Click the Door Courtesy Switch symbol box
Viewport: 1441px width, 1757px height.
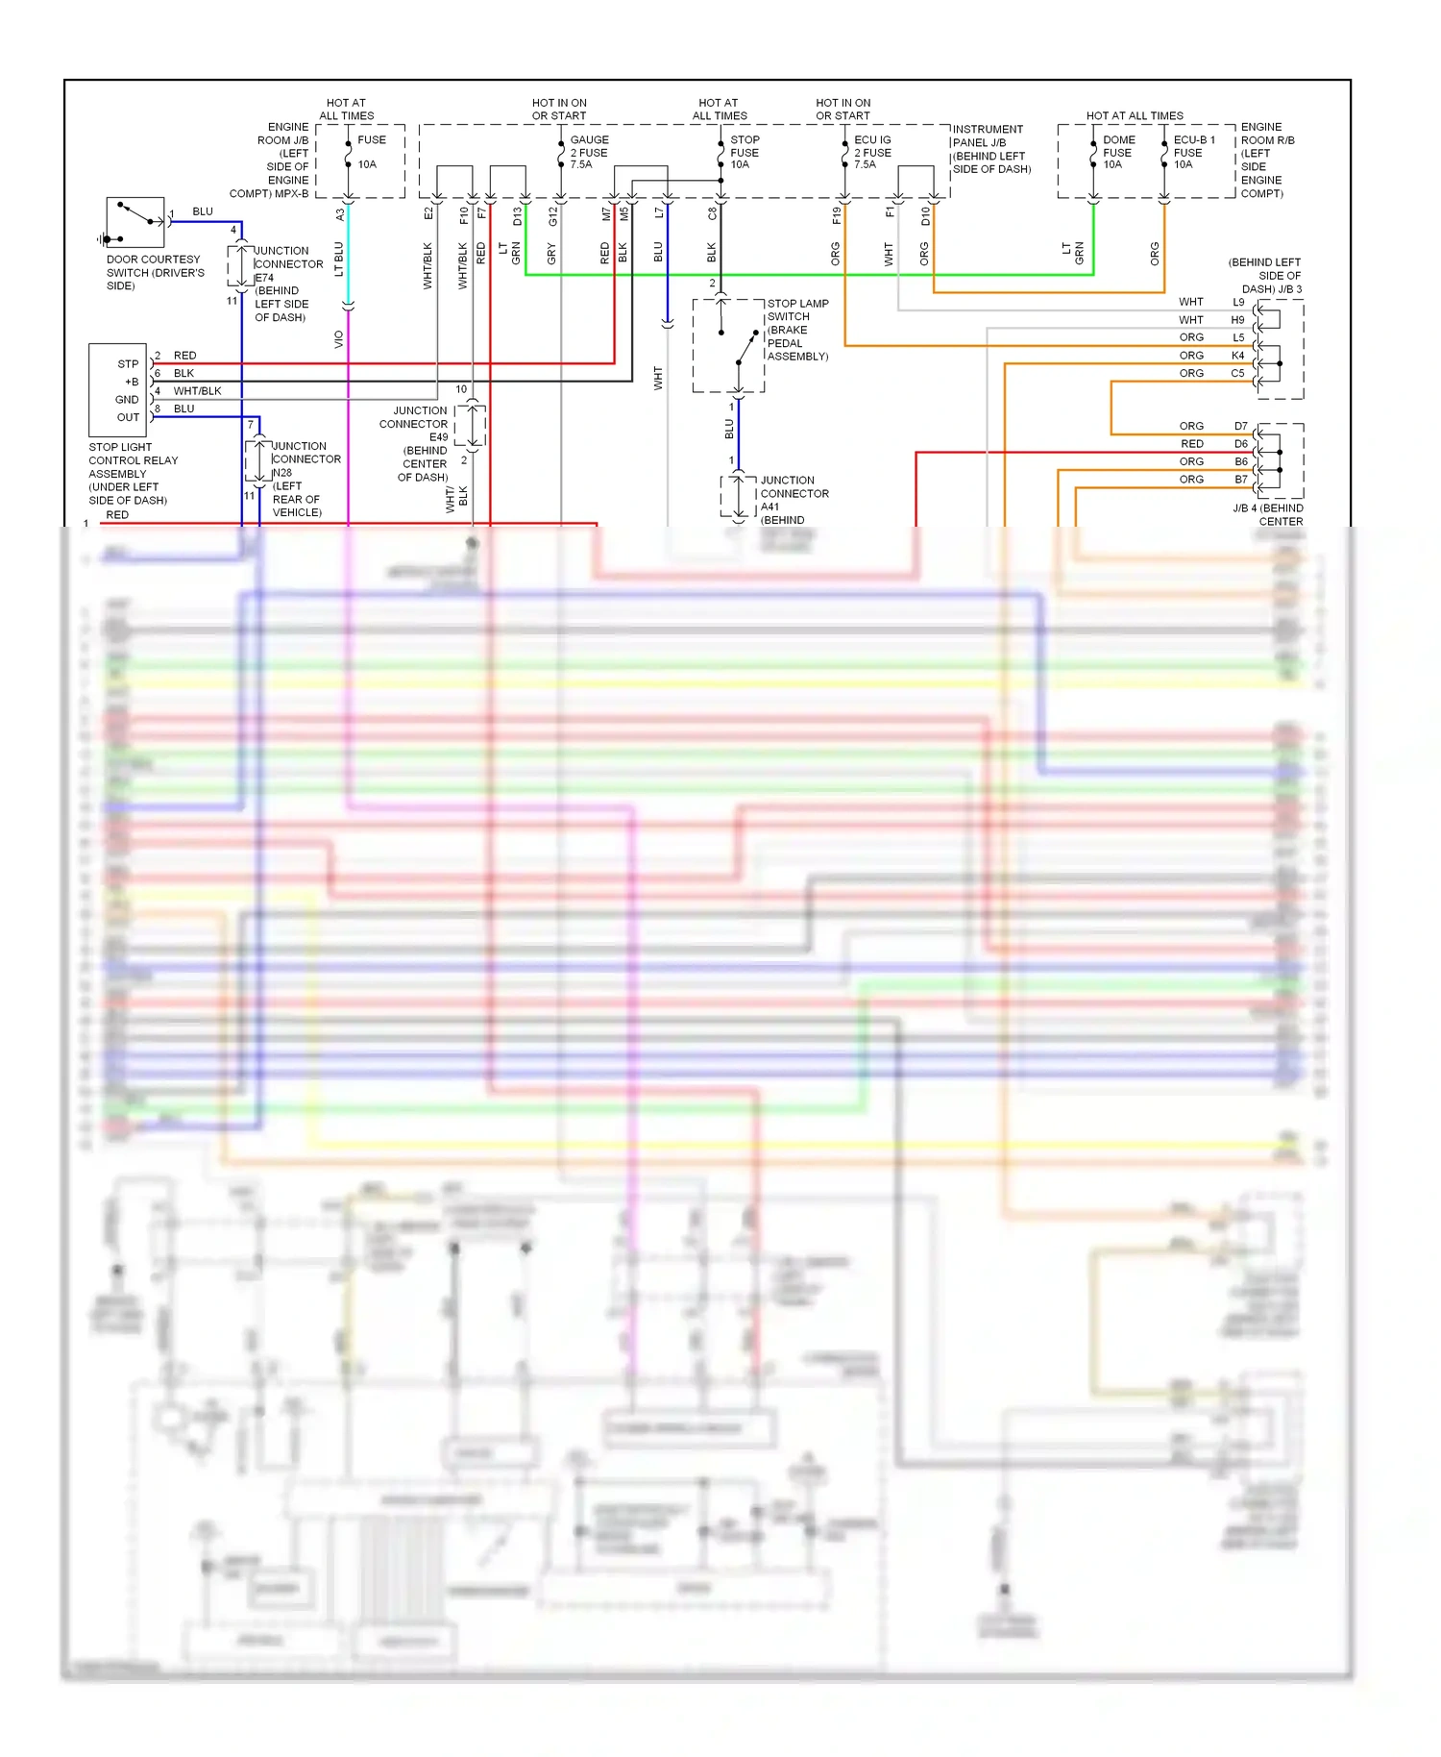tap(134, 223)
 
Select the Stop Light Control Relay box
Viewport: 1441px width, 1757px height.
tap(117, 389)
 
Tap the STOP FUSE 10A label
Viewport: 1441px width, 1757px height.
tap(744, 152)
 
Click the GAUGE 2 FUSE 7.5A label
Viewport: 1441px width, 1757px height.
tap(588, 152)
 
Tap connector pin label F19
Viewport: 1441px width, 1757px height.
tap(836, 215)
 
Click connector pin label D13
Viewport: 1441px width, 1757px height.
tap(517, 216)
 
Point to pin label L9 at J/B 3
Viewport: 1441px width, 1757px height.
tap(1238, 302)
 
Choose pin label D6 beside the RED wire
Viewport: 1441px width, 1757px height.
tap(1241, 444)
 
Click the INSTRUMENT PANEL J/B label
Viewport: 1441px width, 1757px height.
tap(989, 149)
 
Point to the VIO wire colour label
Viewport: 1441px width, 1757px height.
tap(338, 339)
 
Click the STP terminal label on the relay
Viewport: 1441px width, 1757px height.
tap(128, 364)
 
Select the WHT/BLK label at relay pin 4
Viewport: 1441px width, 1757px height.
tap(197, 391)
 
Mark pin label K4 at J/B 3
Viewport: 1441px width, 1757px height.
tap(1238, 356)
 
